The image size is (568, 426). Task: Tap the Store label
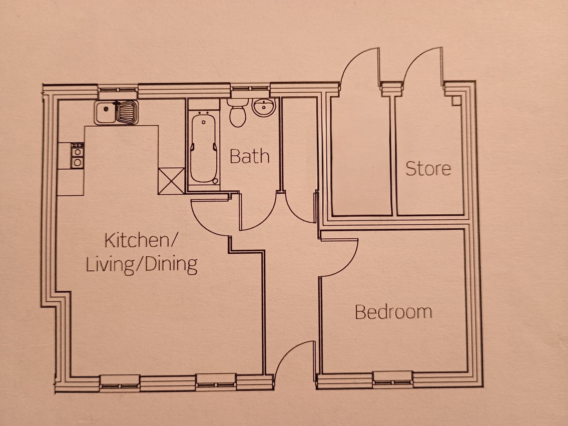click(428, 168)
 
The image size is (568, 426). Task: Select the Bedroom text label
click(393, 312)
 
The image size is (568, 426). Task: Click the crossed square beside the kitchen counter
click(171, 181)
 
